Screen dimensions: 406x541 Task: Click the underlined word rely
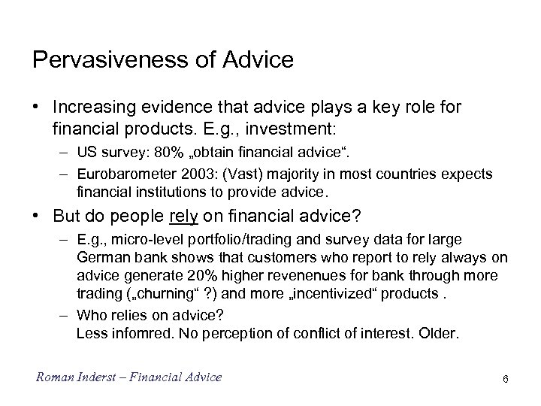click(183, 217)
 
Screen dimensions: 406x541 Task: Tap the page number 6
click(506, 378)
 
